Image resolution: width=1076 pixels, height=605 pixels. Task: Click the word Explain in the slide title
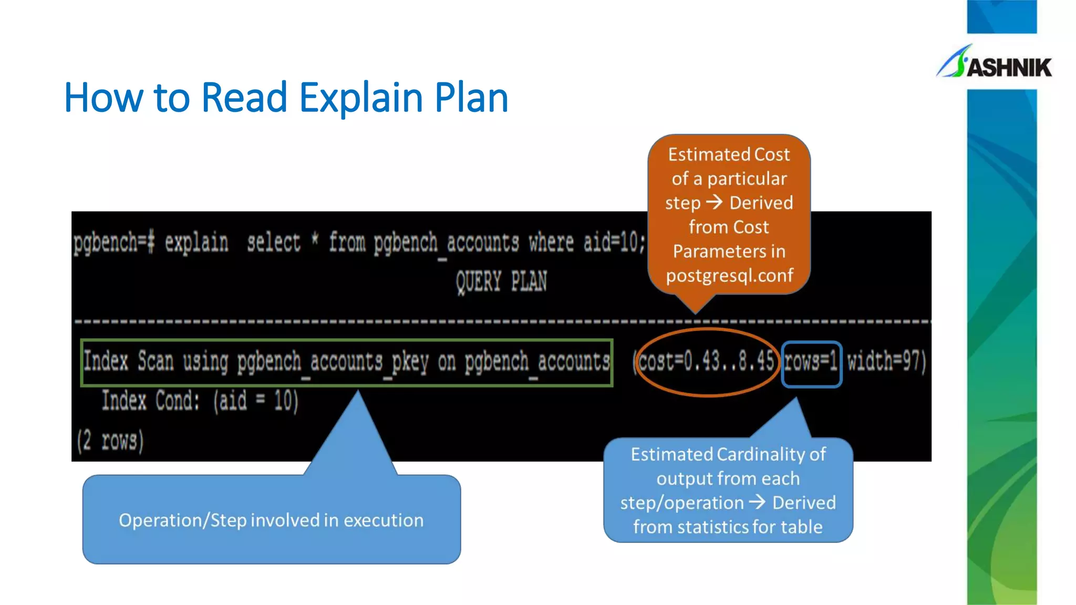pos(361,98)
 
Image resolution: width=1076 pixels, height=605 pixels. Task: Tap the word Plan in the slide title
pos(471,98)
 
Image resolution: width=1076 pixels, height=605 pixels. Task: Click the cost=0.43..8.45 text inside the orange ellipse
pos(706,362)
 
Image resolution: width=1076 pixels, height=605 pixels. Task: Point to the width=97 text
pos(886,362)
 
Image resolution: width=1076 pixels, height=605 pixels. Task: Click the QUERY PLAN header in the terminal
pos(501,281)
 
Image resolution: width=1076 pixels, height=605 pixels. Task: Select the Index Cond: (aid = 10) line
pos(200,401)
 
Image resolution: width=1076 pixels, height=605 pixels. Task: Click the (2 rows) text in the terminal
pos(110,440)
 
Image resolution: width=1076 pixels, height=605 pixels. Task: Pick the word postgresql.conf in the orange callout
pos(729,276)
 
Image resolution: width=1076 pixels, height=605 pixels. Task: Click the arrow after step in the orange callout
pos(714,202)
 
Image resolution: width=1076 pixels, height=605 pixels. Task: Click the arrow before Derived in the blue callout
pos(757,503)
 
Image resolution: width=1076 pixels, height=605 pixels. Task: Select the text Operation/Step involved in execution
pos(271,520)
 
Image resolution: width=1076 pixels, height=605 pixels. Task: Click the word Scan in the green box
pos(156,362)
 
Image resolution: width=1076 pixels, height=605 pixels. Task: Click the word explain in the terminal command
pos(196,243)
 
